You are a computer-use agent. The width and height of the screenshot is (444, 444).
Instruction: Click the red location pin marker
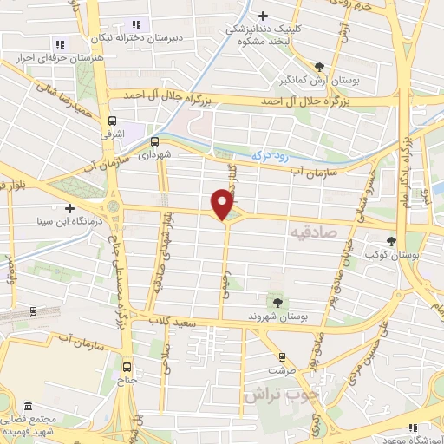[223, 205]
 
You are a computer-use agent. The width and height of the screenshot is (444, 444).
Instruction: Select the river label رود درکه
[268, 153]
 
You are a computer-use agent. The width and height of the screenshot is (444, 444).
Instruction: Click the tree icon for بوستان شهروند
[277, 302]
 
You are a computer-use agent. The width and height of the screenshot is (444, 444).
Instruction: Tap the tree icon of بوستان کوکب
[391, 241]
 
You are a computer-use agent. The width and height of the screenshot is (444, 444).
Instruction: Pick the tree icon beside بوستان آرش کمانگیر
[319, 67]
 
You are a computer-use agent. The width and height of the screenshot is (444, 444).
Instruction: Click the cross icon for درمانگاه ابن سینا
[69, 209]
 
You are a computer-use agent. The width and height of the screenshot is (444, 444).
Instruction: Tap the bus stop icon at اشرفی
[112, 121]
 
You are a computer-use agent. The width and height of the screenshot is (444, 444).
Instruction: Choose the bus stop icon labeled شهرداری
[155, 140]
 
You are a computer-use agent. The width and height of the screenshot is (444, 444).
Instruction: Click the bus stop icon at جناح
[128, 365]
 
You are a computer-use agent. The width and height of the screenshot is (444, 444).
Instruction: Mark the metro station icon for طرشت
[281, 356]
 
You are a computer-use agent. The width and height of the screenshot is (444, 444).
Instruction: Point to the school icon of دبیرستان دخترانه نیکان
[134, 24]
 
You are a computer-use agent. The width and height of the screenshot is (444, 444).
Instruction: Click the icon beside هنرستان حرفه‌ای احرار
[60, 43]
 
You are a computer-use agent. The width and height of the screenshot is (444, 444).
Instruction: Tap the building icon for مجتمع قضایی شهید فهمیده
[28, 406]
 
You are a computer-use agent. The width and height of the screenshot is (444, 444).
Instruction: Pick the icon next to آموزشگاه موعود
[413, 427]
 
